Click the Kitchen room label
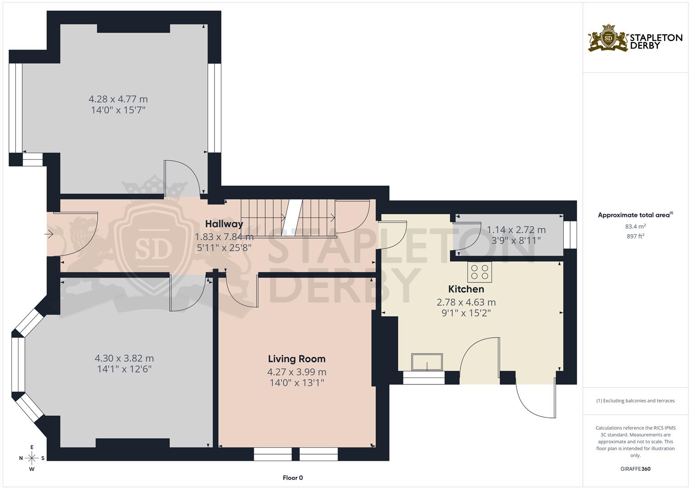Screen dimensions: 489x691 click(466, 289)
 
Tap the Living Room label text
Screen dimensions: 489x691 click(296, 359)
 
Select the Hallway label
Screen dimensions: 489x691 click(224, 224)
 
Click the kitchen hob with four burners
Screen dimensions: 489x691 click(480, 272)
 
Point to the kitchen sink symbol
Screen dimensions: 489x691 click(427, 362)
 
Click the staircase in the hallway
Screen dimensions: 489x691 click(289, 217)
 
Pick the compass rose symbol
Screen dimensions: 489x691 click(32, 458)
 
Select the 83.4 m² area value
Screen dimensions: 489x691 click(635, 226)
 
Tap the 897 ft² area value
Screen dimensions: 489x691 click(635, 236)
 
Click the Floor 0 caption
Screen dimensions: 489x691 click(293, 478)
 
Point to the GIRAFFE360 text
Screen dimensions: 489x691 click(635, 469)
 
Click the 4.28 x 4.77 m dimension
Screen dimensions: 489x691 click(118, 99)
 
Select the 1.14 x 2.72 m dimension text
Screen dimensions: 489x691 click(516, 230)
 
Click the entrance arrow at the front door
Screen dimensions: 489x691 click(49, 234)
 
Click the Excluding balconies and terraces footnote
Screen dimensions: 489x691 click(635, 401)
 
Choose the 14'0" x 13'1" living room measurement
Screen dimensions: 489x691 click(296, 383)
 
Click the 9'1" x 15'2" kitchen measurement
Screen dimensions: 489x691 click(466, 313)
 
